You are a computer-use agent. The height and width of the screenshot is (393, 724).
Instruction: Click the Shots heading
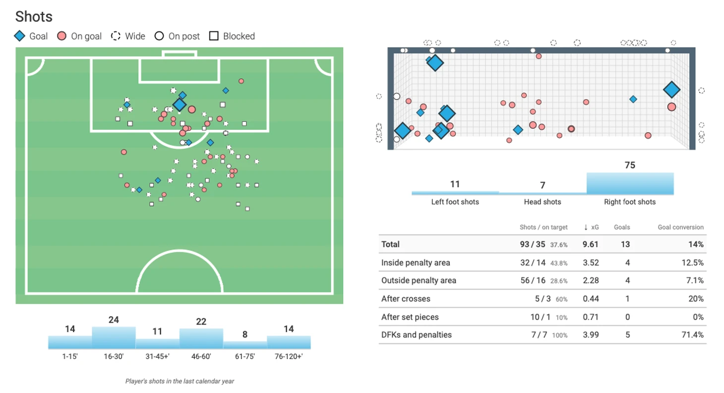coord(34,16)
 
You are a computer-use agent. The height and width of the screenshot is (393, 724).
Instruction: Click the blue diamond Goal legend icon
coord(20,36)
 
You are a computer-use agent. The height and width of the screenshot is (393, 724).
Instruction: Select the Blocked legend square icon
coord(214,36)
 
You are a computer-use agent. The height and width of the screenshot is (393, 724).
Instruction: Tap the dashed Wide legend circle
coord(116,36)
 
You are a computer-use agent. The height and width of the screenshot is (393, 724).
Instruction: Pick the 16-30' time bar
coord(114,337)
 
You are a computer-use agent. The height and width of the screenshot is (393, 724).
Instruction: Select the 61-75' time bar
coord(245,345)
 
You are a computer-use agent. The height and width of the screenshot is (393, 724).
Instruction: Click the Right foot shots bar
coord(630,183)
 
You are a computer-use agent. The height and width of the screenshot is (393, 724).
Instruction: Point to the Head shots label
coord(543,202)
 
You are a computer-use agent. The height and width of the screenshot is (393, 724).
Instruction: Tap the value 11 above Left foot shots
coord(455,184)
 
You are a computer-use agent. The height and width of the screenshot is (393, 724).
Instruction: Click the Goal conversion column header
coord(680,227)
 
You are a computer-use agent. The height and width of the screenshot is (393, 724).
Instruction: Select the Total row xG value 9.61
coord(591,244)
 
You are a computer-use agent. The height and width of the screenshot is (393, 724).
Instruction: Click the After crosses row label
coord(406,299)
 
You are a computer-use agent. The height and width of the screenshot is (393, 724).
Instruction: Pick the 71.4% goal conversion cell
coord(693,335)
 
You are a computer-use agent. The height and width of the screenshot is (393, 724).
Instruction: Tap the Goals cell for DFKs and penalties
coord(627,335)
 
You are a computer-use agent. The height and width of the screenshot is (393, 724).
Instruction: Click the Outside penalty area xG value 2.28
coord(591,281)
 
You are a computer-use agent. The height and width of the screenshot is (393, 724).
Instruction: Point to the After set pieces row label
coord(410,317)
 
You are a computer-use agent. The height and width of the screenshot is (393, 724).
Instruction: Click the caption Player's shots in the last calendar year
coord(180,382)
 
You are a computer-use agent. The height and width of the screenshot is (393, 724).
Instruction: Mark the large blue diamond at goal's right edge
coord(672,90)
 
